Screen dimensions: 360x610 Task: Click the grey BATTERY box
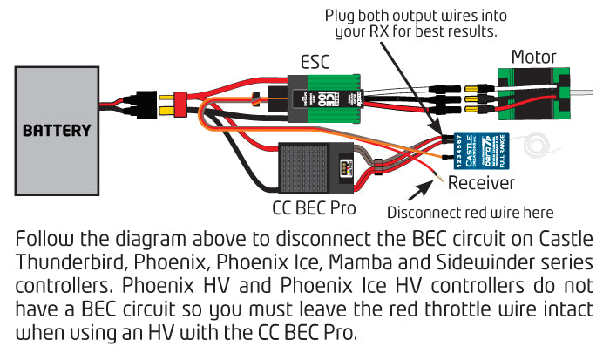pos(58,130)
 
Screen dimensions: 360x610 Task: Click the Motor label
pos(533,58)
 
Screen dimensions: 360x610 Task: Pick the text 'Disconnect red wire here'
pos(471,212)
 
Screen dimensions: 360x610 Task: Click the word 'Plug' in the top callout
pos(342,16)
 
